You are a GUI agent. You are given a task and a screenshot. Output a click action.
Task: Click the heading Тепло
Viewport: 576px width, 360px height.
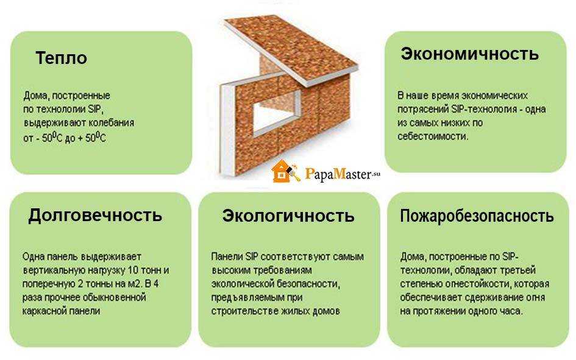(x=62, y=58)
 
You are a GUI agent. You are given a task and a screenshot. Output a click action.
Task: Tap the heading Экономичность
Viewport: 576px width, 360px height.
(x=469, y=54)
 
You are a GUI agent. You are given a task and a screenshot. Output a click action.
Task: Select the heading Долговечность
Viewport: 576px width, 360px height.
(x=95, y=215)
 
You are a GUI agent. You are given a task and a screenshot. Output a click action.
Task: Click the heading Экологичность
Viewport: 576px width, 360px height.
(x=288, y=216)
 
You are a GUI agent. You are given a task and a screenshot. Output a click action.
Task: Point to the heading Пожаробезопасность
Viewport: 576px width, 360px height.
(x=477, y=216)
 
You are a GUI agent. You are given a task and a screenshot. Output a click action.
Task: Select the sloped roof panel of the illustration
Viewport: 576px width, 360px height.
(x=290, y=51)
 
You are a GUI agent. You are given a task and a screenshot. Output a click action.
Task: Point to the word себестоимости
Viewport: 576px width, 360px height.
(x=433, y=136)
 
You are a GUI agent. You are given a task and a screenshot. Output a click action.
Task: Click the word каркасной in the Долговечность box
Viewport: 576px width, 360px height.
(x=44, y=311)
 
